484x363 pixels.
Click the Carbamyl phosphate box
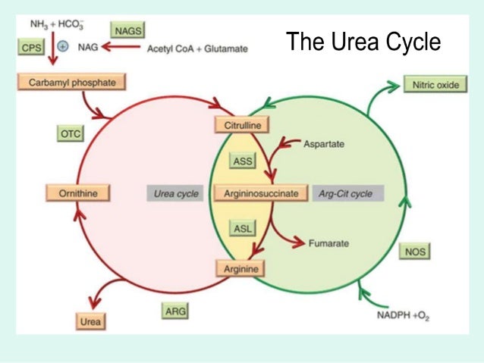(x=68, y=81)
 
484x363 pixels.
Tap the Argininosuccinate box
(x=260, y=193)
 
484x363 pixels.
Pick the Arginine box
(x=240, y=268)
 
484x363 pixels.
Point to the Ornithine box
(x=77, y=193)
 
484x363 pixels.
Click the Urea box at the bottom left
(x=90, y=321)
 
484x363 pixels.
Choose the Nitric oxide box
(x=435, y=84)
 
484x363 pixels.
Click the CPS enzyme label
(x=31, y=47)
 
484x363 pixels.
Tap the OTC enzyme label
(x=69, y=133)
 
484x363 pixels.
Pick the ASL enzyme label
(x=243, y=228)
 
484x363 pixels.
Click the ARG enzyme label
(x=176, y=310)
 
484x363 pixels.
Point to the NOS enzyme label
(x=415, y=251)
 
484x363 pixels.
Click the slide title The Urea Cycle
(x=363, y=42)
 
